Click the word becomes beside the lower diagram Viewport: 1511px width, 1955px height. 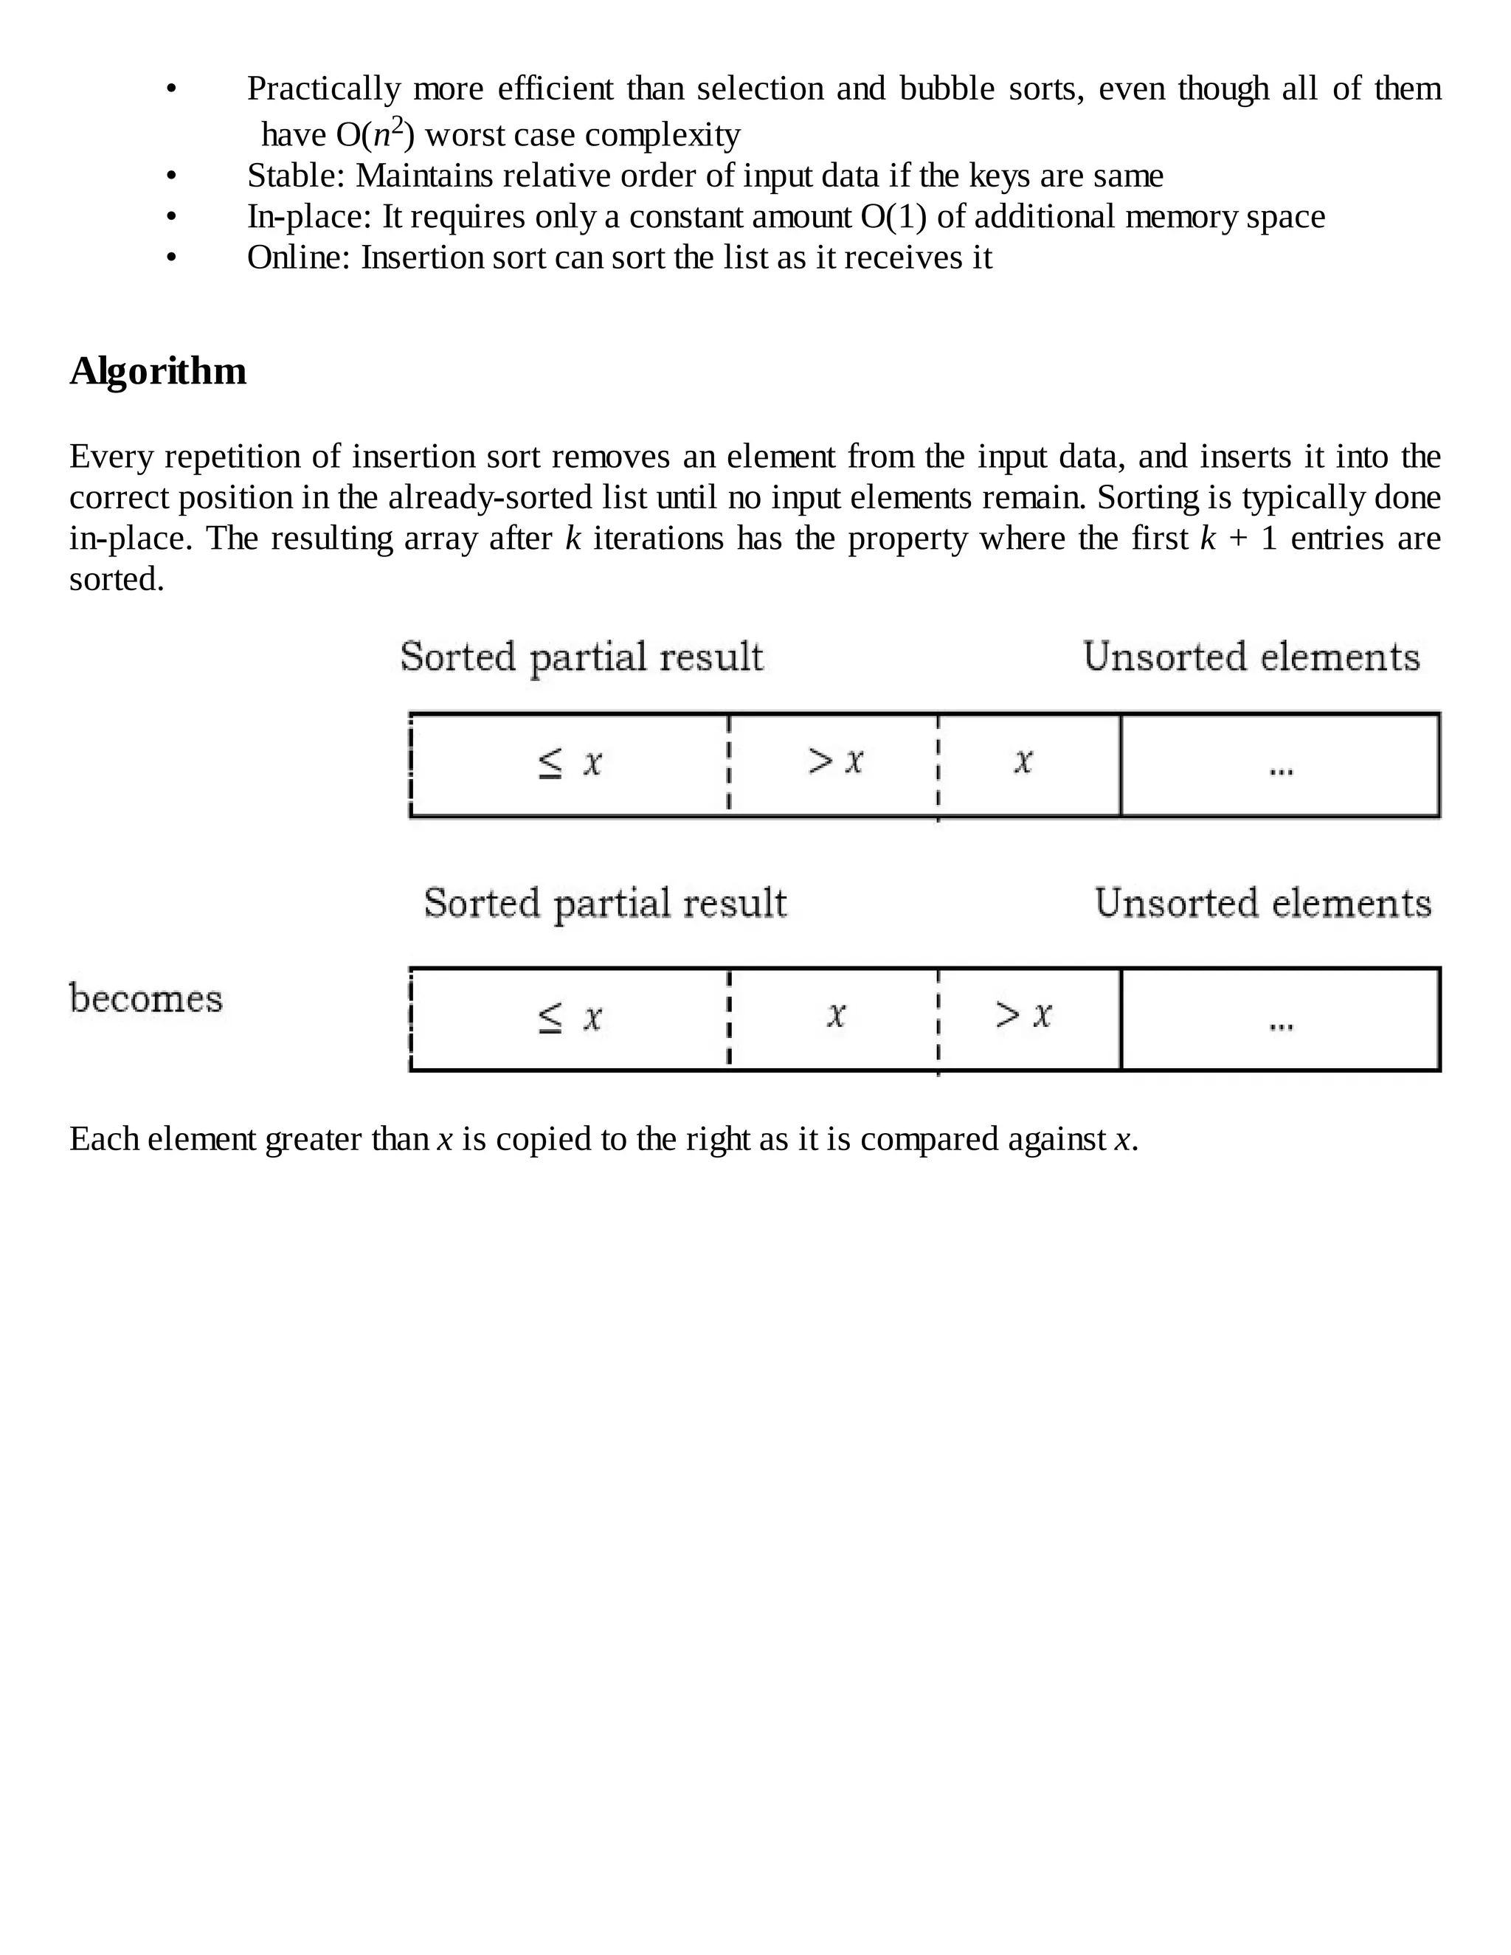[x=146, y=999]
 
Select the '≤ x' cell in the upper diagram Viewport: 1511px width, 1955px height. [x=570, y=764]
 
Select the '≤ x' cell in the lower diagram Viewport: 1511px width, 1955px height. [x=570, y=1019]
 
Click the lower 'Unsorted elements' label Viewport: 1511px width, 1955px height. [x=1262, y=903]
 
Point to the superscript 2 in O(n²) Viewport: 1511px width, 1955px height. [x=398, y=125]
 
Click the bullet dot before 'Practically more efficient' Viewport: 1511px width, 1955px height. [x=171, y=89]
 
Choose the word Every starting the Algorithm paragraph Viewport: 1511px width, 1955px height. [x=111, y=457]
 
